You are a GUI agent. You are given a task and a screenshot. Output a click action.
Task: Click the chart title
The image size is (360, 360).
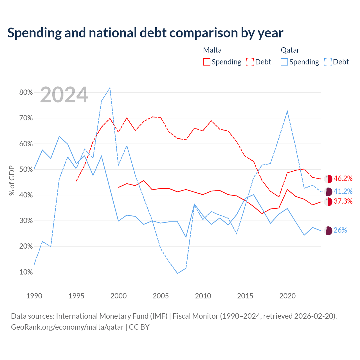click(145, 33)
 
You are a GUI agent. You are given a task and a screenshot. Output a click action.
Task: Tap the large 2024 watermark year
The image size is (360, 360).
click(64, 95)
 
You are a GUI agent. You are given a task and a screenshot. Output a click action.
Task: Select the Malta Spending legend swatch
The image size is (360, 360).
click(206, 62)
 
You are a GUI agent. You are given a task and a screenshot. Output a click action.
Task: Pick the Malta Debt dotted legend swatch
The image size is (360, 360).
click(250, 62)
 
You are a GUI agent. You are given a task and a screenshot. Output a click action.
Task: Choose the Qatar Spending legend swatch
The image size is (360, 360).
click(284, 62)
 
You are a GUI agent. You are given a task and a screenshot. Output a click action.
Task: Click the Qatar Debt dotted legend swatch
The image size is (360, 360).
click(328, 62)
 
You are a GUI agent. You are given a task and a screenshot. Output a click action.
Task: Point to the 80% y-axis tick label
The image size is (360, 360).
click(26, 92)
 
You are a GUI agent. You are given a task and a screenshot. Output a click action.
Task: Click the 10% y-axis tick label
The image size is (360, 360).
click(26, 272)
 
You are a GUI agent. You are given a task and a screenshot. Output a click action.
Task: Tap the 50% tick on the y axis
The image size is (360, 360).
click(26, 169)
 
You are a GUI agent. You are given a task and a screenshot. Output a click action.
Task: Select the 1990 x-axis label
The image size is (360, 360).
click(34, 296)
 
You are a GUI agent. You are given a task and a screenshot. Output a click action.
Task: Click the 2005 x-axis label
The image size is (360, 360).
click(161, 296)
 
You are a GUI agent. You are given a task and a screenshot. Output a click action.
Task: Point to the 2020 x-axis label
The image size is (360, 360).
click(287, 296)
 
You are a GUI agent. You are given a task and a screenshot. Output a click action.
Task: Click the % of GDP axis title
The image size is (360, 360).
click(12, 181)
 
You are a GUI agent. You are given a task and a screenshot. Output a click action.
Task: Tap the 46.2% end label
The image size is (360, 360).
click(343, 178)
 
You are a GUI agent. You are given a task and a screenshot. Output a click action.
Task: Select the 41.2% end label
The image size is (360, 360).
click(343, 191)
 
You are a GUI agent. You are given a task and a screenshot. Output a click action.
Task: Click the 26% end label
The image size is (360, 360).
click(340, 230)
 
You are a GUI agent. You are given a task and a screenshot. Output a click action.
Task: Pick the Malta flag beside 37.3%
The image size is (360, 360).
click(328, 202)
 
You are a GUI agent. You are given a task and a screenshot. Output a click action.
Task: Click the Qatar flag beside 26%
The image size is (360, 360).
click(328, 231)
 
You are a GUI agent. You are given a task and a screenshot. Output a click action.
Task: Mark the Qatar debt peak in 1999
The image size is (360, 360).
click(110, 87)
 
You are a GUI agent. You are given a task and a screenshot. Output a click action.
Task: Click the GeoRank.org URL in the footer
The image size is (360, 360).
click(67, 327)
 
